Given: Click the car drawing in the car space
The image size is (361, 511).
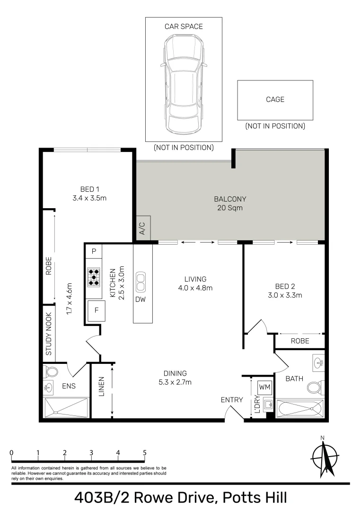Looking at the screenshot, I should (x=183, y=85).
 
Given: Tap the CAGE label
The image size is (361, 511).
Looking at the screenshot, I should (x=275, y=99).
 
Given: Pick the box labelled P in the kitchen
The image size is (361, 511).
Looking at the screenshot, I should (x=94, y=251).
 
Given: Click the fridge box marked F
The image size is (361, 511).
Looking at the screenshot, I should (x=96, y=311).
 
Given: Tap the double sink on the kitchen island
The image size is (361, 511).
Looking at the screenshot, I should (x=141, y=282).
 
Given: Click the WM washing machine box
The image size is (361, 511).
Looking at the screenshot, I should (x=265, y=387).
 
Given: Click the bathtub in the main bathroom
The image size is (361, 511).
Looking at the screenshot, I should (x=299, y=408).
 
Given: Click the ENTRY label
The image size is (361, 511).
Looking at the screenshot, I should (x=232, y=400).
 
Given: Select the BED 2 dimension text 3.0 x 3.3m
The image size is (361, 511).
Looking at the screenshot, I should (x=285, y=295).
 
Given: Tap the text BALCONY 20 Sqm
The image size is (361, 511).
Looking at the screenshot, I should (x=230, y=203).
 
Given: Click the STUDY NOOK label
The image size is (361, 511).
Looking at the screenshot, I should (x=49, y=334).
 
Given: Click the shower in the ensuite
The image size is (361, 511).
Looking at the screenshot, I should (x=66, y=407).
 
